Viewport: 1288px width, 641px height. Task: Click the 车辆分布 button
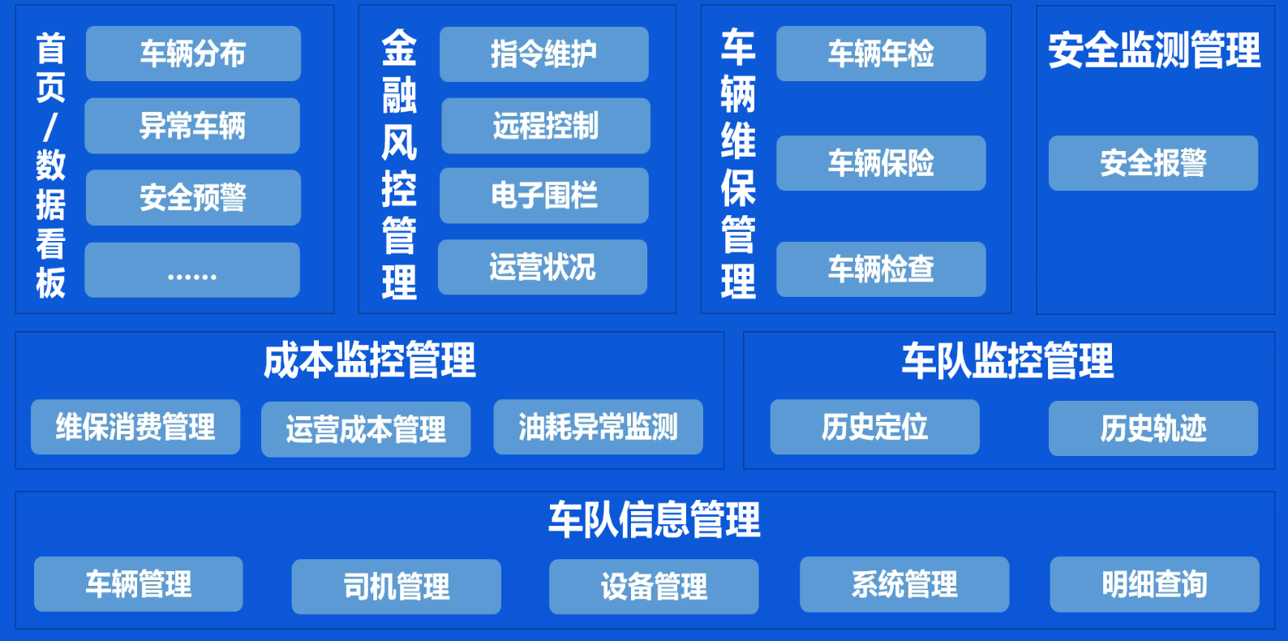point(193,54)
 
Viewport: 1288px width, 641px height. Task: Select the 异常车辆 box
point(192,126)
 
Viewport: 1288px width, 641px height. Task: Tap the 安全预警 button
point(193,197)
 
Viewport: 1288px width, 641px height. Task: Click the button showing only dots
point(192,270)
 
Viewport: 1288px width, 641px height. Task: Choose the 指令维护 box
point(544,54)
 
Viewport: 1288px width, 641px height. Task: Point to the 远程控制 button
point(546,126)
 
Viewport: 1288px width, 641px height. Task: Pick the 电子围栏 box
point(544,196)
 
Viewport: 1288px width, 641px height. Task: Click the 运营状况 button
point(543,267)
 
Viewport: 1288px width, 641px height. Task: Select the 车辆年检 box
point(881,54)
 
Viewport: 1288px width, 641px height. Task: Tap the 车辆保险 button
point(881,163)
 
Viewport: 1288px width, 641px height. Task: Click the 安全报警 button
point(1153,163)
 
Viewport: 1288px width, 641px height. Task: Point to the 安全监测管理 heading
point(1154,50)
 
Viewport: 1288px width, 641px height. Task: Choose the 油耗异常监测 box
point(598,427)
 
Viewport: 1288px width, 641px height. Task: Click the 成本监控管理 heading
point(370,360)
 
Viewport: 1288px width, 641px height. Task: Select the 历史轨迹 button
point(1153,428)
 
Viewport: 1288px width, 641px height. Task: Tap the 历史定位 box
point(874,427)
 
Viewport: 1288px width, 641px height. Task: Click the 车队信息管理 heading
point(655,519)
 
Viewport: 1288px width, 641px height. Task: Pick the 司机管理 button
point(396,587)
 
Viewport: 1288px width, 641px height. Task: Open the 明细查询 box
point(1155,584)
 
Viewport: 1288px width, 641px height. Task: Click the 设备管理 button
point(654,587)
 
